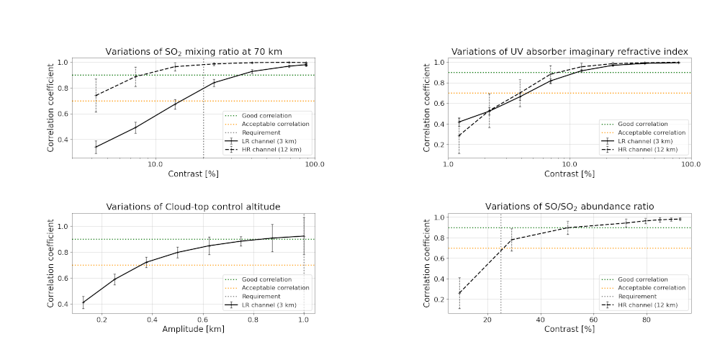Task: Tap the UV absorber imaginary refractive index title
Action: [x=570, y=51]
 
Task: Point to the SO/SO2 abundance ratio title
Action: [x=570, y=207]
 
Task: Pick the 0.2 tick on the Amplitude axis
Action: [x=102, y=320]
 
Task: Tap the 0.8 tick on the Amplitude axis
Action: [x=253, y=320]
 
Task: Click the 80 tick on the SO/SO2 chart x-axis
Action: [x=647, y=320]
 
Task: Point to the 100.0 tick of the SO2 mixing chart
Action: [x=315, y=164]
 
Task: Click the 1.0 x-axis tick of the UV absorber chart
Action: [x=449, y=164]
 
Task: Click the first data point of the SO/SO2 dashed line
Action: [x=459, y=292]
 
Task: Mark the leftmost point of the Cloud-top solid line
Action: [x=84, y=302]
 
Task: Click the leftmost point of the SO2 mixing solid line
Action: [x=96, y=147]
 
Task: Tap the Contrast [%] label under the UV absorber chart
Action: [x=570, y=174]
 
